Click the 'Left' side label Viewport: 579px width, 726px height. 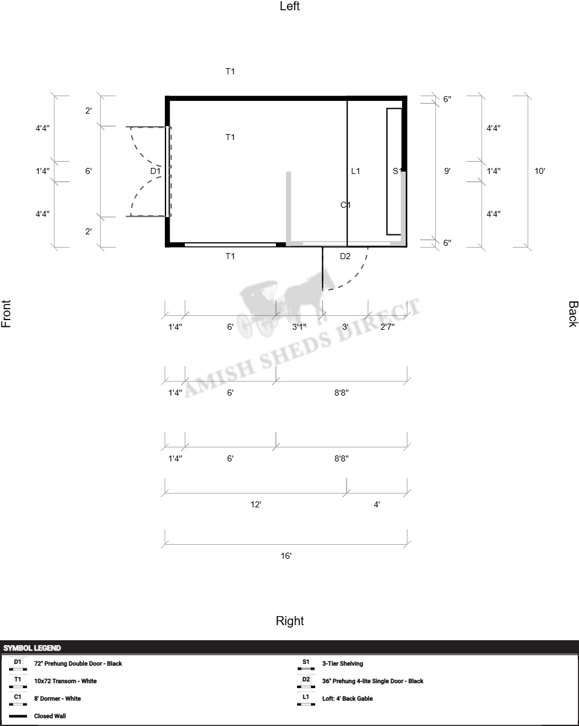click(290, 6)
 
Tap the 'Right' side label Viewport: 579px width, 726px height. click(290, 621)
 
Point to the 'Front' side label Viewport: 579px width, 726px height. click(6, 313)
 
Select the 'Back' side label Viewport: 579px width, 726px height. click(573, 314)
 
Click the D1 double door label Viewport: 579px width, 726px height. click(155, 171)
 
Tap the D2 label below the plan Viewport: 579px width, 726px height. click(345, 256)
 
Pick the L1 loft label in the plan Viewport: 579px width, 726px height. click(356, 171)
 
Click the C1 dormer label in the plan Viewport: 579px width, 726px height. click(345, 205)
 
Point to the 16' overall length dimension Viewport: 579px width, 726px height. click(286, 556)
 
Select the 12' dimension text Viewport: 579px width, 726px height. click(255, 504)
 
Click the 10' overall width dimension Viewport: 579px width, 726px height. click(540, 171)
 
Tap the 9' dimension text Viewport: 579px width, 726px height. click(447, 171)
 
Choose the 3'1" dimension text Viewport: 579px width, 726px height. click(299, 327)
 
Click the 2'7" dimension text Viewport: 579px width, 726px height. click(388, 327)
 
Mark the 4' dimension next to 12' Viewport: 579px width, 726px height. click(377, 504)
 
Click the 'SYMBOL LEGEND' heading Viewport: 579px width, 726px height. click(32, 648)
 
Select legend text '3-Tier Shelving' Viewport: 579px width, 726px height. click(342, 664)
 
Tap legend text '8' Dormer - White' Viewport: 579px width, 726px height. click(57, 699)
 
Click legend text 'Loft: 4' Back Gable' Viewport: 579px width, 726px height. click(347, 699)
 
